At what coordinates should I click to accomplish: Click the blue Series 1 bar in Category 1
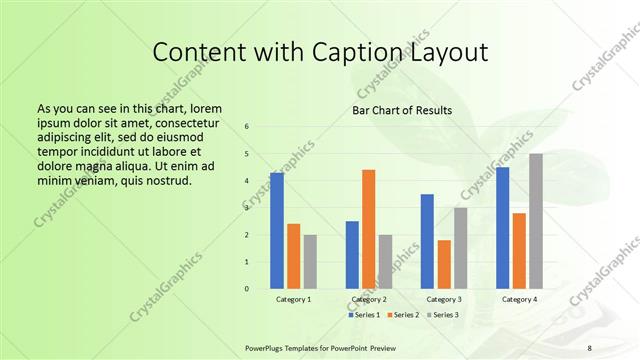[277, 231]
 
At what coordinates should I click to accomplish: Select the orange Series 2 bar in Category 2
[369, 229]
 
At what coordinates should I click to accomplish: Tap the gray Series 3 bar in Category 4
[536, 221]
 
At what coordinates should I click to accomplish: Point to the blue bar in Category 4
[502, 228]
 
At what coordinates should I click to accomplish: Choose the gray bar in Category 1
[310, 262]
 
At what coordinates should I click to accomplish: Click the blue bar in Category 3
[427, 241]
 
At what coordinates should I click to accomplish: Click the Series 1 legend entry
[364, 315]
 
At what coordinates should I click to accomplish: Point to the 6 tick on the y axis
[247, 127]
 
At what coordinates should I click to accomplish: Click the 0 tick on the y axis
[247, 289]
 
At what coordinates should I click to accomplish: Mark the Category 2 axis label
[369, 299]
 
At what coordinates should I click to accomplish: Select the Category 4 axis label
[519, 299]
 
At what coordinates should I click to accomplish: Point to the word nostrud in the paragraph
[164, 180]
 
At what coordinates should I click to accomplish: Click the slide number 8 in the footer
[589, 347]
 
